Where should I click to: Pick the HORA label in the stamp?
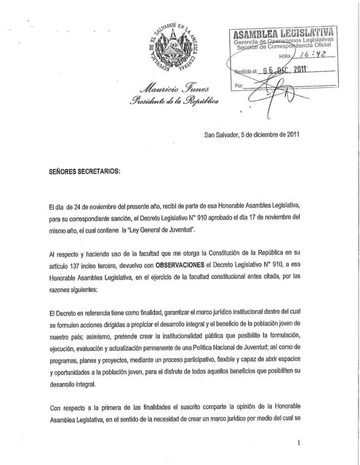(x=286, y=55)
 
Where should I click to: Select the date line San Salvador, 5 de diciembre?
(x=252, y=134)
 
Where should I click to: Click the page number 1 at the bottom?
(x=298, y=442)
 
